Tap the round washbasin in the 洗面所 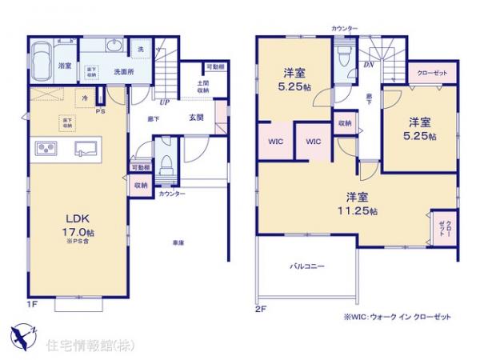113,46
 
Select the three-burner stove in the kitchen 44,149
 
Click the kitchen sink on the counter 86,148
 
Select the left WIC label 274,141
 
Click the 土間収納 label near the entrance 202,87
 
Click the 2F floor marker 260,307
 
